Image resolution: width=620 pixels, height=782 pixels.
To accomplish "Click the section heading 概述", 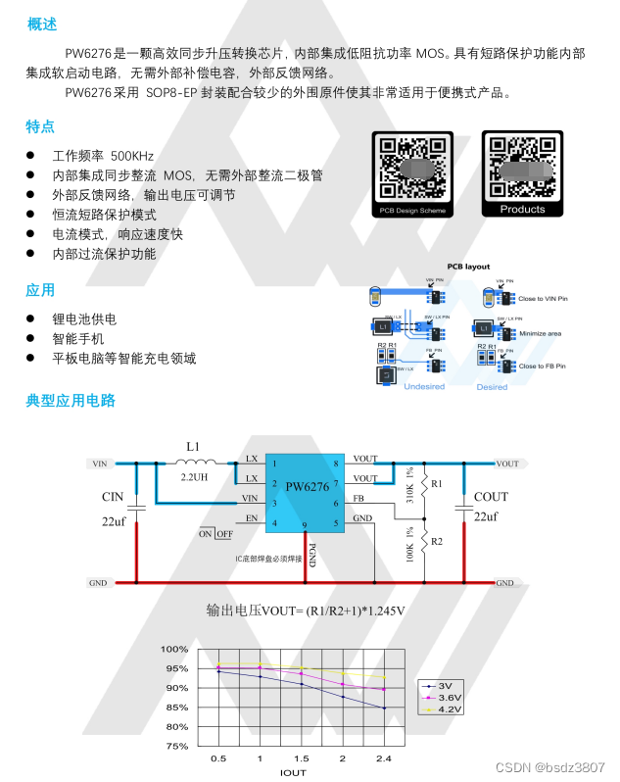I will [x=41, y=24].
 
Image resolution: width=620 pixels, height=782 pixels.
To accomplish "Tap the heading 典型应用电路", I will [x=71, y=401].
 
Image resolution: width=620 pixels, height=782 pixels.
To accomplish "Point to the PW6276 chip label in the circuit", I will [x=307, y=486].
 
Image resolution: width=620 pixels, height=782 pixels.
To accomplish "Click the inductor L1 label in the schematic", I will [x=193, y=446].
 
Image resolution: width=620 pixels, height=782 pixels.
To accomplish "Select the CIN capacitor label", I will [x=113, y=497].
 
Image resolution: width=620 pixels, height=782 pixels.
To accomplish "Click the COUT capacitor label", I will [x=491, y=497].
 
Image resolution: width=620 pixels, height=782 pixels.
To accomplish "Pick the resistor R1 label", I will [x=437, y=484].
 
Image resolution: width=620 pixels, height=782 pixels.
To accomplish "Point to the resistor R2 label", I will [x=437, y=541].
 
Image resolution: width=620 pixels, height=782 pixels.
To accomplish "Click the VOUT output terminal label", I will [x=507, y=464].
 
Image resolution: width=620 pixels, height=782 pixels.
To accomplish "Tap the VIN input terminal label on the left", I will [x=99, y=464].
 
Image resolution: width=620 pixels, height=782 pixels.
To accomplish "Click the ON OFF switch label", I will [x=215, y=534].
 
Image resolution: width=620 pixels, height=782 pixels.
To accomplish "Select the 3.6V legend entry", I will [x=451, y=696].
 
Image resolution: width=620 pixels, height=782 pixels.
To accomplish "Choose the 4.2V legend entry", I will [x=451, y=709].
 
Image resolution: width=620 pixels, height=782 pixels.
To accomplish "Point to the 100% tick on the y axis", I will [x=175, y=650].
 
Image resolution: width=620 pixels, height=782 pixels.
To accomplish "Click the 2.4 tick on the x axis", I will [x=383, y=759].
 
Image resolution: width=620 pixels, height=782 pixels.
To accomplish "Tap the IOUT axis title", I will [x=293, y=772].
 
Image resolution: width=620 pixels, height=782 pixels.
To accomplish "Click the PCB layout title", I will [x=468, y=267].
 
